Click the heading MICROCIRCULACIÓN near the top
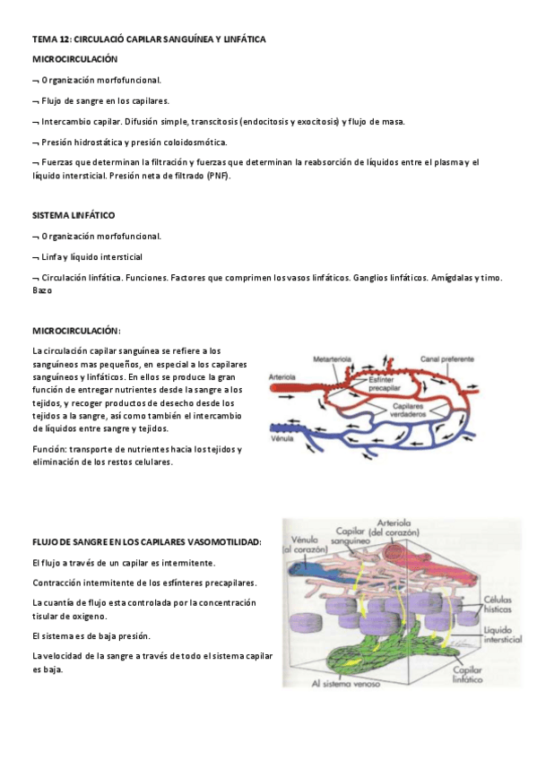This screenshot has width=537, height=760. [x=74, y=58]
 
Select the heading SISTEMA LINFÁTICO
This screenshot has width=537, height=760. [x=74, y=216]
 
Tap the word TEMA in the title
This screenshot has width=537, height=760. [x=43, y=39]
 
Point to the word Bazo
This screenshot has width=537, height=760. [x=42, y=289]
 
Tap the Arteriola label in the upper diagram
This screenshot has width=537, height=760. [x=283, y=377]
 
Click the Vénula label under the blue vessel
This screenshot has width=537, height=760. [x=281, y=440]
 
